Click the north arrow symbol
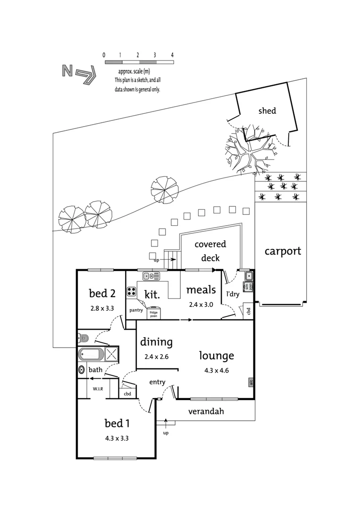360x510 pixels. pos(79,74)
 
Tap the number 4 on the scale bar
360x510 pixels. pos(173,55)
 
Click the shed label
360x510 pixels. pos(267,111)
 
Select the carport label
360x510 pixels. pos(283,251)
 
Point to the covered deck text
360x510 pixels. pos(210,251)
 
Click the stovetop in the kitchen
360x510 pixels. pos(132,291)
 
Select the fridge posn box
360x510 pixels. pos(154,314)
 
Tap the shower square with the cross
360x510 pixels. pos(111,354)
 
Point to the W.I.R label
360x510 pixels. pos(98,389)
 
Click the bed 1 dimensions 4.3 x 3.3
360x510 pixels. pos(117,438)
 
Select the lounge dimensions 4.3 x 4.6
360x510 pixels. pos(217,370)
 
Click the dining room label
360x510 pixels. pos(156,342)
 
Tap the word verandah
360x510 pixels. pos(206,411)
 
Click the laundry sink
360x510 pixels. pos(248,276)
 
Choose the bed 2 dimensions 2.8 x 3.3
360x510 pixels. pos(102,307)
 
